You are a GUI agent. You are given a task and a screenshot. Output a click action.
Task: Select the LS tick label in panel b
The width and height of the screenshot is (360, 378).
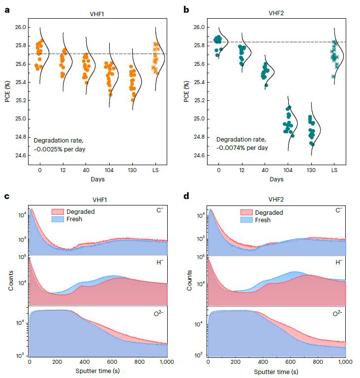334,170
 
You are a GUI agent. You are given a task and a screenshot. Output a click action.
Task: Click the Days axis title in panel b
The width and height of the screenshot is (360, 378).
276,179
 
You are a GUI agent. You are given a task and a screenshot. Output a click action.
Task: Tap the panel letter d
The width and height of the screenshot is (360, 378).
186,197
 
